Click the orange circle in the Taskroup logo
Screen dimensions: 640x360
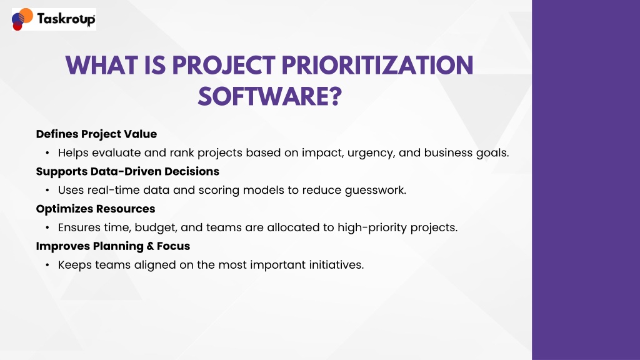26,16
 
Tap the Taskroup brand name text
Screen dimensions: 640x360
66,19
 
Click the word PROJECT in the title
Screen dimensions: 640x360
224,65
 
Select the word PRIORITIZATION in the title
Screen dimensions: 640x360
377,65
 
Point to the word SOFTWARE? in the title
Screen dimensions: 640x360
270,97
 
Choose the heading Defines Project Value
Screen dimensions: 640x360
96,134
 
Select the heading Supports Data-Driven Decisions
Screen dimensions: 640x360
127,171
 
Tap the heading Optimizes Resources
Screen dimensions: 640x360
96,209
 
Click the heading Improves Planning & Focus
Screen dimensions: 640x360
113,246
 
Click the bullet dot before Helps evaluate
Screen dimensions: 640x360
47,153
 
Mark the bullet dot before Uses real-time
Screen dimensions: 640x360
47,190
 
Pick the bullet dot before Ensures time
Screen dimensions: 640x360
47,227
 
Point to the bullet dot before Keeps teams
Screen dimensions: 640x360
47,265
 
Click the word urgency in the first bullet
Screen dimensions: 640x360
371,154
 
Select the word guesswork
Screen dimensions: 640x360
376,191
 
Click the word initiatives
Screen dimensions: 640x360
336,265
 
